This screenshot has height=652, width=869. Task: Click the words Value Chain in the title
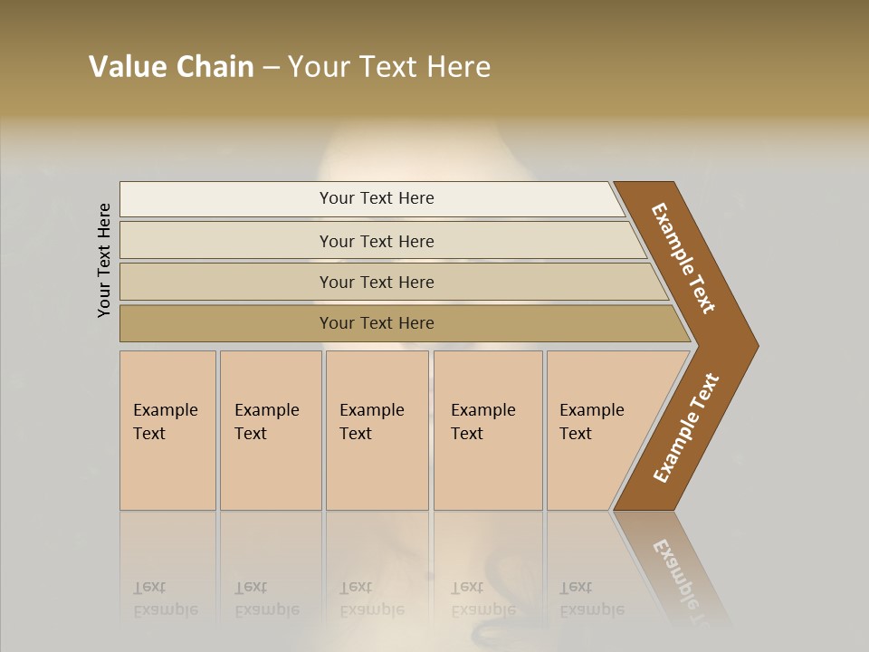171,67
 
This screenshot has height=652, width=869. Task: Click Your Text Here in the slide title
389,67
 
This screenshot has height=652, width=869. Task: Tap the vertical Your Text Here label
104,260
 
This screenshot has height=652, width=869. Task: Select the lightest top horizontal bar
376,198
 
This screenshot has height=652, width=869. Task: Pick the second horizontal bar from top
376,241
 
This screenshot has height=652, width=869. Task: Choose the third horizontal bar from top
376,282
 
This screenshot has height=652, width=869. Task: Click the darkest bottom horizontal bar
376,323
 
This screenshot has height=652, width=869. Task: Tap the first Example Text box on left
167,430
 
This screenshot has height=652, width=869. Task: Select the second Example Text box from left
270,430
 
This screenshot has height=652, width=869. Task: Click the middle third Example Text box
377,430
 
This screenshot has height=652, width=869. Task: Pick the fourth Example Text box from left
487,430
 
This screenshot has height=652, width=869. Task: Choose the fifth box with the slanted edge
597,430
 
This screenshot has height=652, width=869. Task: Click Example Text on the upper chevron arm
684,259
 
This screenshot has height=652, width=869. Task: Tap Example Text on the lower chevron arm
685,428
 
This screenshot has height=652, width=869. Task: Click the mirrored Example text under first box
166,609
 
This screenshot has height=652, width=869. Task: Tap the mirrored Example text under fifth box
592,609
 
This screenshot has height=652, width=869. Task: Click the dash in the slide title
271,68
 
